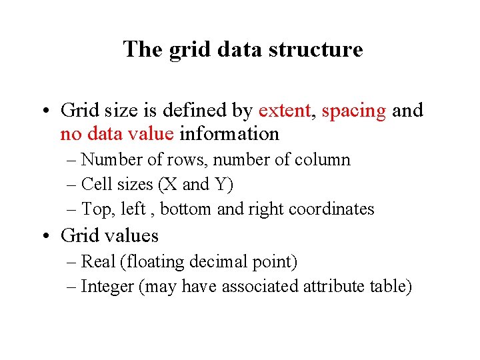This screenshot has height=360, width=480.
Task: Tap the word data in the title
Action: point(237,49)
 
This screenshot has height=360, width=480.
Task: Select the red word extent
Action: point(285,110)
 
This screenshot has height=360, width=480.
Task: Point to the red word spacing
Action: point(353,110)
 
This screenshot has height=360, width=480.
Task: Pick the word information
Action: point(229,134)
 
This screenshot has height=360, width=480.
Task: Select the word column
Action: point(325,160)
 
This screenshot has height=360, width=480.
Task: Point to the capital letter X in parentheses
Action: point(169,184)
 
